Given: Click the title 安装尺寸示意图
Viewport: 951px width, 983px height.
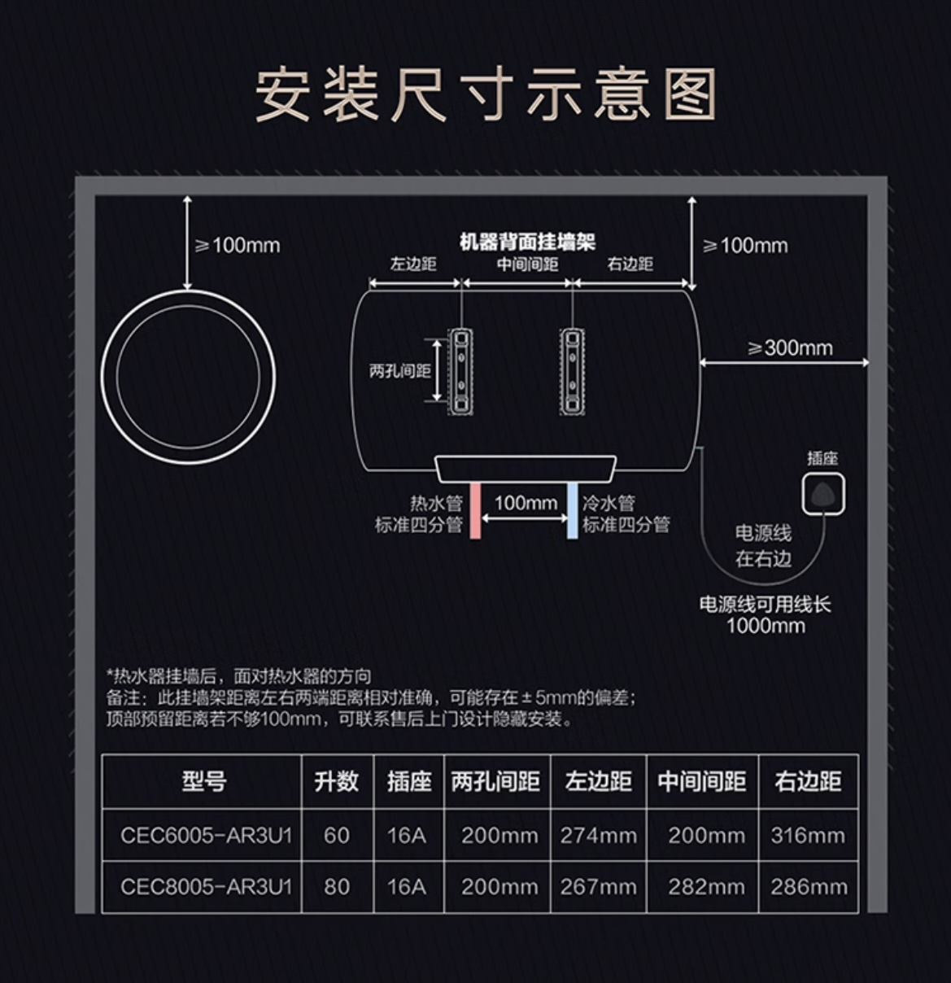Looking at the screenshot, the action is pos(486,95).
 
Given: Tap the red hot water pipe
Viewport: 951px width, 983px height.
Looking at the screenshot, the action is pos(476,510).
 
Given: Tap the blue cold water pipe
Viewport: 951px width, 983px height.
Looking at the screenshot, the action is pos(573,510).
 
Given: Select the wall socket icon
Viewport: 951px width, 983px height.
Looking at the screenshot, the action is pos(823,494).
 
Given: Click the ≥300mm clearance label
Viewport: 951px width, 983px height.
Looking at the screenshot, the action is pos(790,347).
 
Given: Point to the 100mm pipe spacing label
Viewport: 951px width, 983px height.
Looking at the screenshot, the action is pos(525,502).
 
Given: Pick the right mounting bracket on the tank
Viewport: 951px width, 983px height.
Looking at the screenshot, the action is pos(573,370).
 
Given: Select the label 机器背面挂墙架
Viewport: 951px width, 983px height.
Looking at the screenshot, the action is pos(527,242).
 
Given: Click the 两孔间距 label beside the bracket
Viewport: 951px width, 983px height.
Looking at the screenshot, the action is pos(399,371).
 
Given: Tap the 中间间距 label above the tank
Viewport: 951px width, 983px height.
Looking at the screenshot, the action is pos(527,264).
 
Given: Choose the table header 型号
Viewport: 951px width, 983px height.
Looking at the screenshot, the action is pos(203,781).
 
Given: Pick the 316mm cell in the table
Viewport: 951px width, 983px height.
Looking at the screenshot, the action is pos(807,835).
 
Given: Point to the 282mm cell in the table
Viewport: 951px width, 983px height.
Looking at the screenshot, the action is pos(705,886).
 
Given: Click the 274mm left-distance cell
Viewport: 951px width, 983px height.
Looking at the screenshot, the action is pos(598,835).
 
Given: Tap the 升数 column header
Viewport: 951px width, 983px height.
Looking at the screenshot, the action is pos(336,781).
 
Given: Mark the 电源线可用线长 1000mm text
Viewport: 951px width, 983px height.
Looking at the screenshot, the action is pos(765,614).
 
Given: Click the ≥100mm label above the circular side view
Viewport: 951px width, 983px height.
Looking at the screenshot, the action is pos(238,245).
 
